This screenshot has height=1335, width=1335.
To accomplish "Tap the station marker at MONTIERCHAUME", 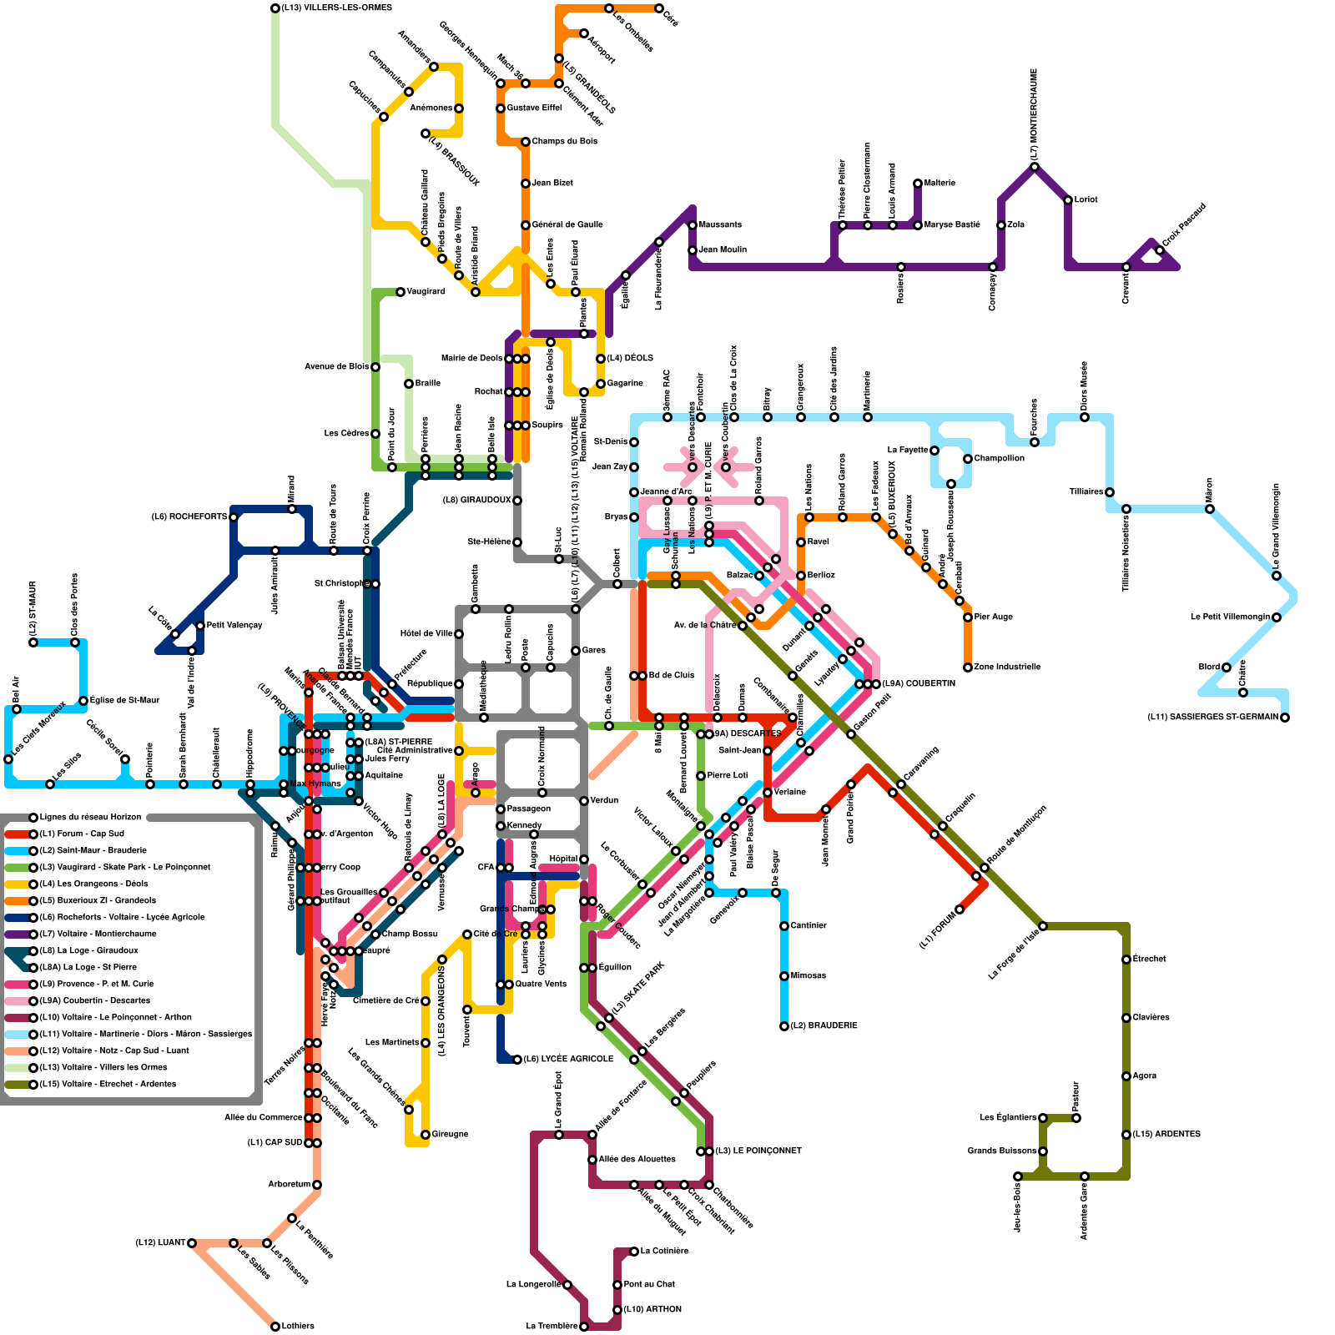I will pos(1035,167).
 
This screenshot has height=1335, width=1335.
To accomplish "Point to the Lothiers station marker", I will pos(275,1327).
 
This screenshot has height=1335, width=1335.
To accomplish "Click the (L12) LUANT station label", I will pos(160,1243).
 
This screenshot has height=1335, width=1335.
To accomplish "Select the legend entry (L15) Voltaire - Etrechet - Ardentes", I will pos(108,1085).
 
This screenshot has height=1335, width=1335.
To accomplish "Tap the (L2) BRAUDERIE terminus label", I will pos(824,1026).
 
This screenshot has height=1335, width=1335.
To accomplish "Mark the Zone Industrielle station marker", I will pos(968,667).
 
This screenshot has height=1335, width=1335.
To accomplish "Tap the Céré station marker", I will pos(659,8).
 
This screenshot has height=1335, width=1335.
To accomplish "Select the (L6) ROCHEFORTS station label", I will pos(189,517).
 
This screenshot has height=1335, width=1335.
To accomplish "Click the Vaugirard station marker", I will pos(400,292).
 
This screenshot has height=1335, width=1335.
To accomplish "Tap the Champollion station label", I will pos(999,459).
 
